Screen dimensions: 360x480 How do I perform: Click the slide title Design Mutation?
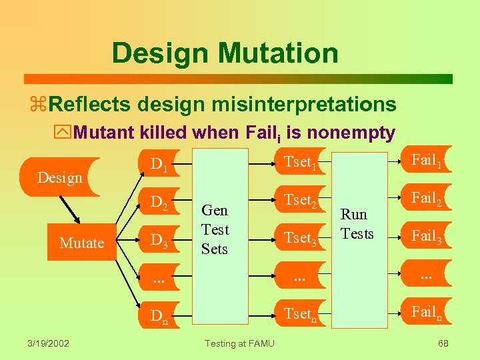coord(225,53)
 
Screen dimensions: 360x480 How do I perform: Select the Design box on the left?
coord(60,177)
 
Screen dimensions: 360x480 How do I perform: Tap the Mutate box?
coord(81,243)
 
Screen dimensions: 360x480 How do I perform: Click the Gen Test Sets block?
coord(215,230)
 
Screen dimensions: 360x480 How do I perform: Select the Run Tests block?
coord(357,224)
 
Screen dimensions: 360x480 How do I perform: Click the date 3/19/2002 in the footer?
coord(48,343)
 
